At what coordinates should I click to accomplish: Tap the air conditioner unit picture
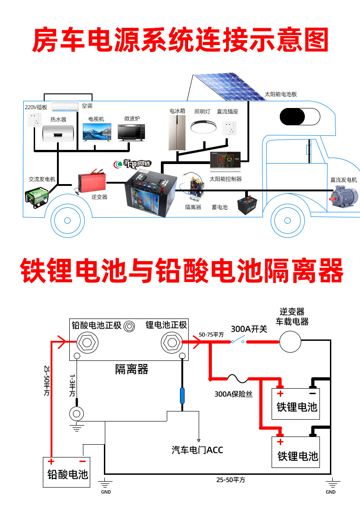tap(65, 107)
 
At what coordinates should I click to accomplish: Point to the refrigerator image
tap(177, 133)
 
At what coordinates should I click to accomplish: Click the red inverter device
tap(91, 182)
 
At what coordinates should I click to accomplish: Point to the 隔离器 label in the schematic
tap(132, 369)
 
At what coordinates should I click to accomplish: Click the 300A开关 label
tap(249, 329)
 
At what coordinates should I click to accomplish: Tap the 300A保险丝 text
tap(233, 394)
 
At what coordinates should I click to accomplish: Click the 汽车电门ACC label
tap(197, 450)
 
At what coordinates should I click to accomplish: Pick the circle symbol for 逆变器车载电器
tap(290, 341)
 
